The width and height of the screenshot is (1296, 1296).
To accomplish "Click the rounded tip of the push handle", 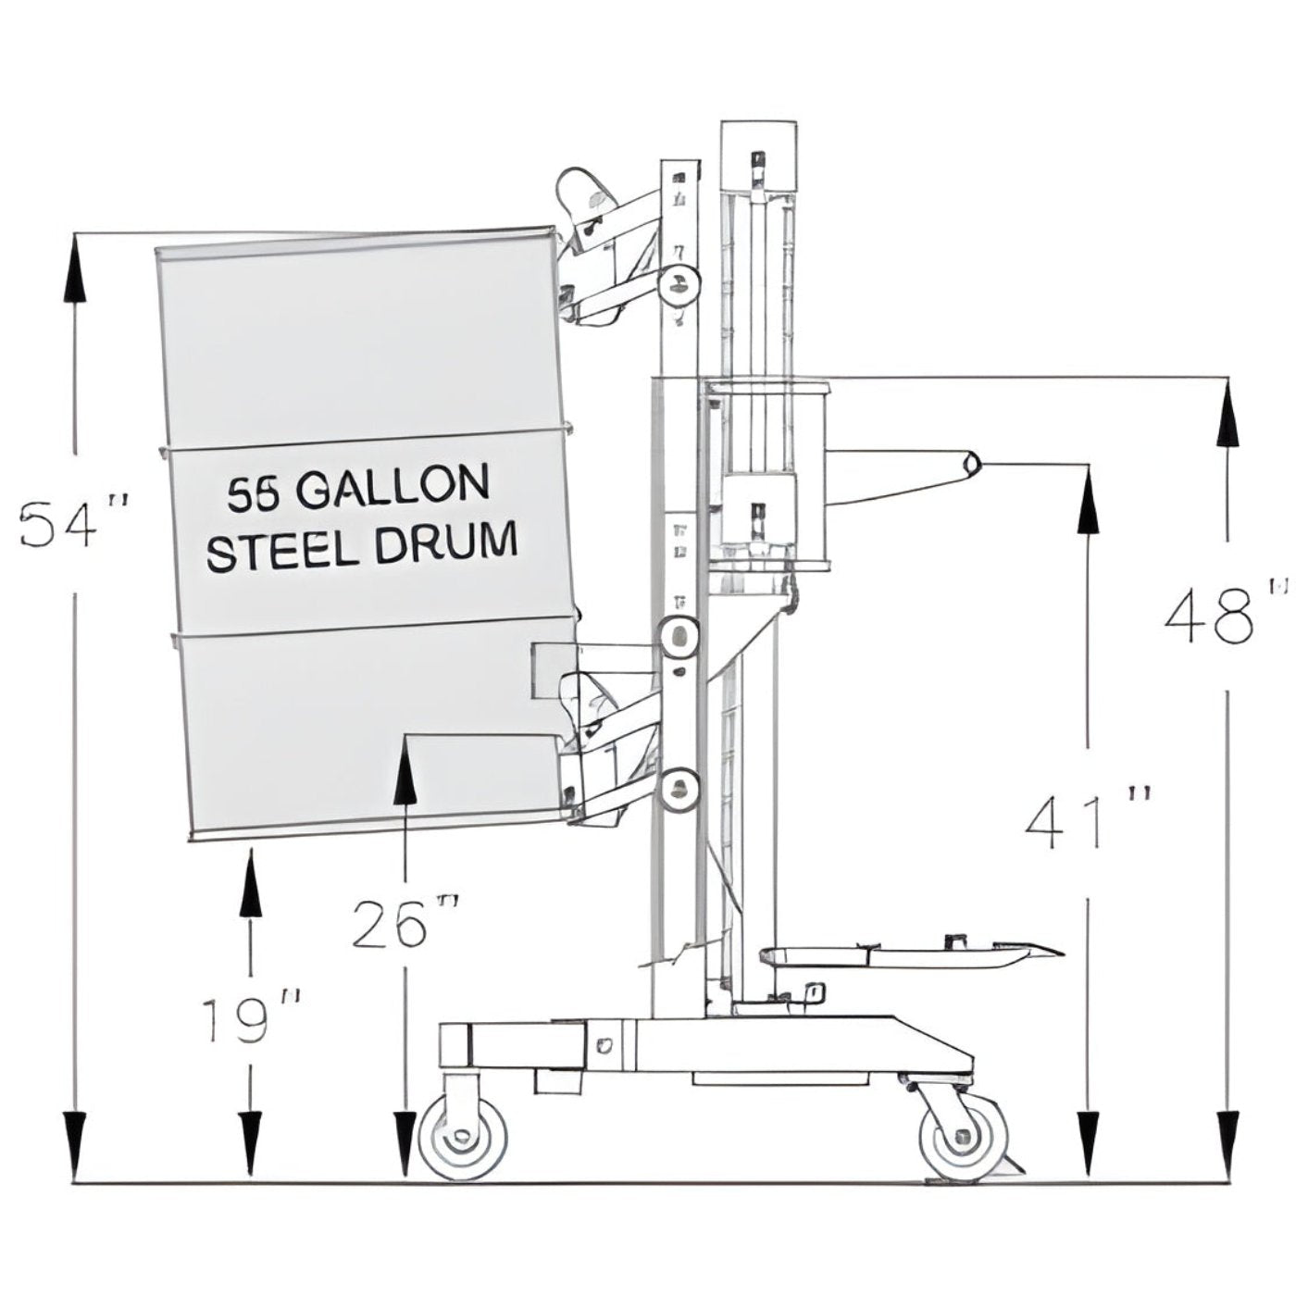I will pyautogui.click(x=972, y=463).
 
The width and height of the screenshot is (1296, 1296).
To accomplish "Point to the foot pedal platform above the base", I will pyautogui.click(x=907, y=956).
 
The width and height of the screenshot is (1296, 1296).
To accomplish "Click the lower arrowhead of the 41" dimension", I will pyautogui.click(x=1089, y=1145).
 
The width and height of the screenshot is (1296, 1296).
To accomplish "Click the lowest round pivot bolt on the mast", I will pyautogui.click(x=679, y=789).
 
